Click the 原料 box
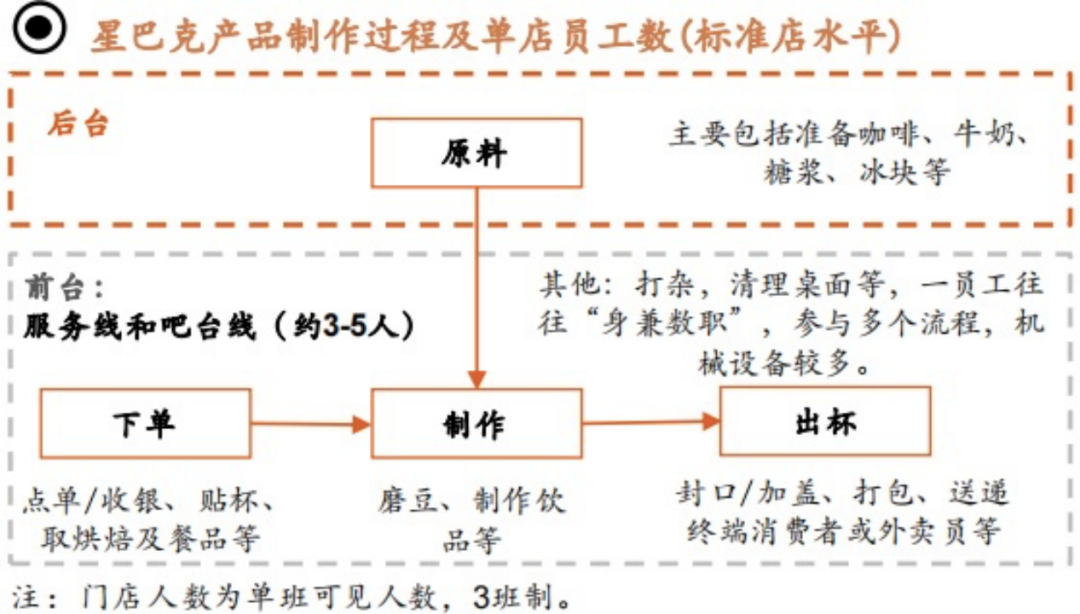tap(476, 153)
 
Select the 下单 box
tap(145, 423)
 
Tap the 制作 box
tap(476, 423)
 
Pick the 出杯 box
tap(824, 421)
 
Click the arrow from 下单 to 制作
tap(311, 425)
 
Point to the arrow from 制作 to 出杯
tap(651, 422)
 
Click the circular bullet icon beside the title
tap(38, 32)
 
